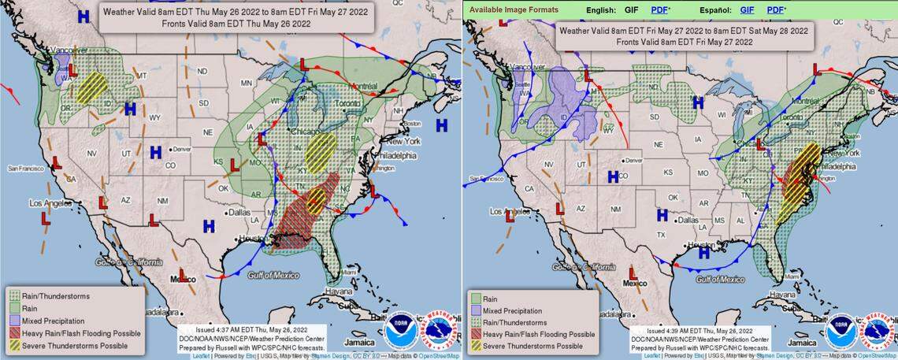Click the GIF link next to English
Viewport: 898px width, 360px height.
630,9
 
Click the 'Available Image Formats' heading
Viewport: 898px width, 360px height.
514,9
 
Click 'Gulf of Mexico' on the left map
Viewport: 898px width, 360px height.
273,275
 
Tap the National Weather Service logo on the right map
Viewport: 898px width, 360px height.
878,331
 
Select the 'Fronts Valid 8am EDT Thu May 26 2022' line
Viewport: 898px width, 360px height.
236,24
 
